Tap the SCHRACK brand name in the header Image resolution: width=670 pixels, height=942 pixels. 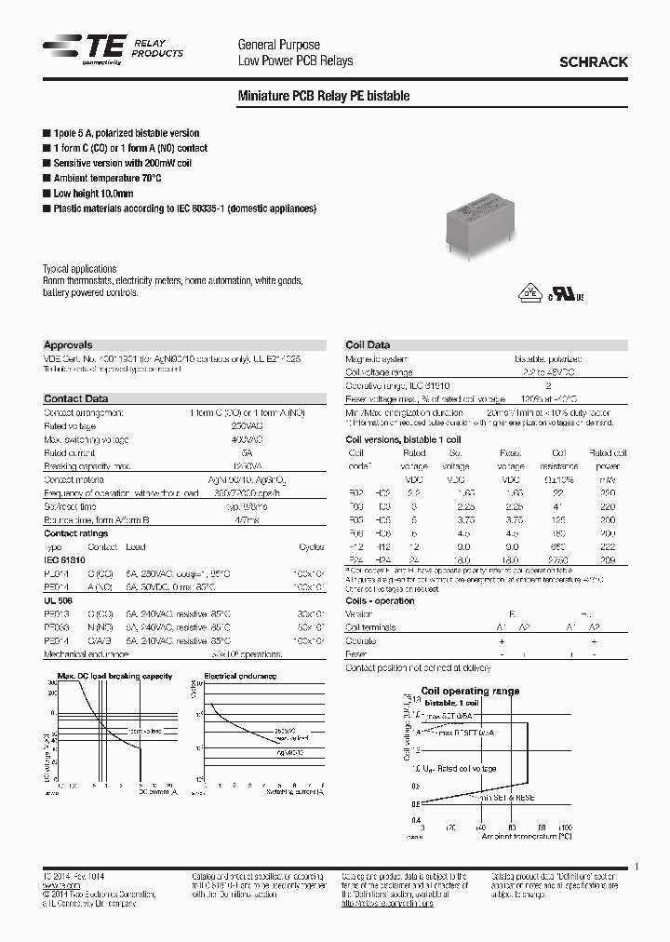coord(593,62)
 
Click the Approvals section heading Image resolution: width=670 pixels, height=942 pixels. coord(68,345)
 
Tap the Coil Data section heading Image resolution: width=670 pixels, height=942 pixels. coord(368,345)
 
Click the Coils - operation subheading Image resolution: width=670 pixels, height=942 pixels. coord(380,601)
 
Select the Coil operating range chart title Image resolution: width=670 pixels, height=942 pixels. coord(470,692)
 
